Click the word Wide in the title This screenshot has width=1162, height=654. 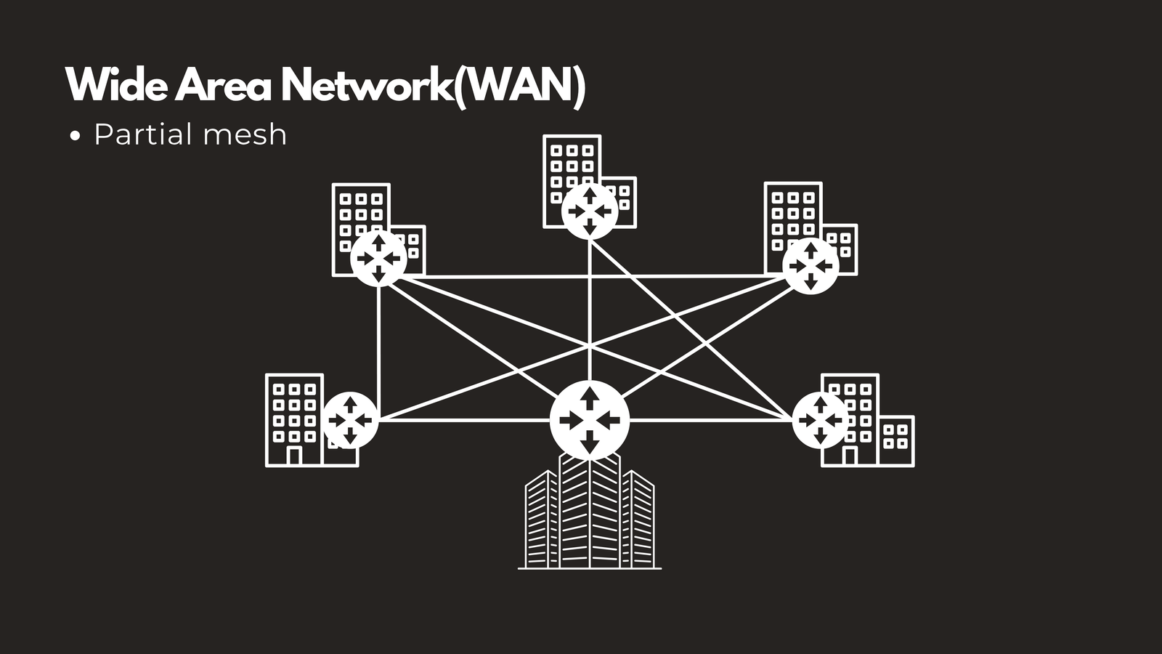[x=117, y=84]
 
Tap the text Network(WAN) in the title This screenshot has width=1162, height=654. [x=434, y=86]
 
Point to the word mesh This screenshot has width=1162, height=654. [x=245, y=135]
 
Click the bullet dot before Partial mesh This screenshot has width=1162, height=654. [x=76, y=136]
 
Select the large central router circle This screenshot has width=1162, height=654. [x=589, y=420]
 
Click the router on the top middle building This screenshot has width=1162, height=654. [x=589, y=211]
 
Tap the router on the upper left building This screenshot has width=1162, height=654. [x=378, y=259]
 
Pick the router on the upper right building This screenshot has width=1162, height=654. [x=810, y=266]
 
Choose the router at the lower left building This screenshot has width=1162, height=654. [x=350, y=420]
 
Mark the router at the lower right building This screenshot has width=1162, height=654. [x=820, y=420]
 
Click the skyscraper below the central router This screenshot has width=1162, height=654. [x=590, y=512]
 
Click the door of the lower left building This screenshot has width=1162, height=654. [x=294, y=455]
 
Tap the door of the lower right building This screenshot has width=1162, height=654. [x=849, y=455]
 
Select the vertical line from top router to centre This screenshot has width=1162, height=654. [x=589, y=310]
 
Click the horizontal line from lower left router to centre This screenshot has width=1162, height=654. [x=464, y=420]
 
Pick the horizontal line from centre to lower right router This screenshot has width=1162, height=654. [x=711, y=420]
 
